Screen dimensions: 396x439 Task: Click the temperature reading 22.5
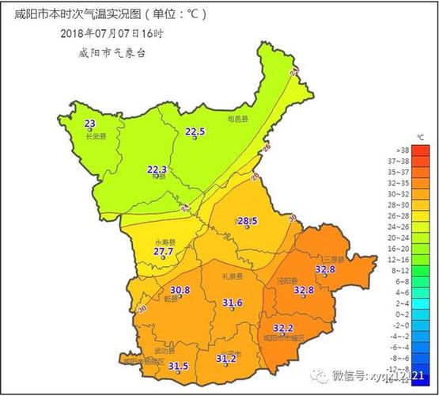point(195,131)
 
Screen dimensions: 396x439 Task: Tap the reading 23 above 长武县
point(89,124)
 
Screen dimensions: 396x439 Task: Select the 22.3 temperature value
point(157,169)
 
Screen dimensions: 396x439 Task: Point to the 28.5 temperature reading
point(248,220)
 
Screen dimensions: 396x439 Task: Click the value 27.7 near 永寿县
point(164,251)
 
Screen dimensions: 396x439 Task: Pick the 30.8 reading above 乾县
point(180,290)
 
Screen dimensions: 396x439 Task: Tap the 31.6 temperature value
point(232,303)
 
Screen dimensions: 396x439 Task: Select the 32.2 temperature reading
point(283,328)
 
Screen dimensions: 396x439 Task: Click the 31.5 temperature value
point(178,366)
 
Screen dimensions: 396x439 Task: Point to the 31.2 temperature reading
point(226,358)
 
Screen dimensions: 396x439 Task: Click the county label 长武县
point(95,136)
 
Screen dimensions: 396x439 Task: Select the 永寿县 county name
point(165,241)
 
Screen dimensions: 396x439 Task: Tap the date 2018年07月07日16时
point(112,33)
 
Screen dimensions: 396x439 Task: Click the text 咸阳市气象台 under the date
point(112,52)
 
